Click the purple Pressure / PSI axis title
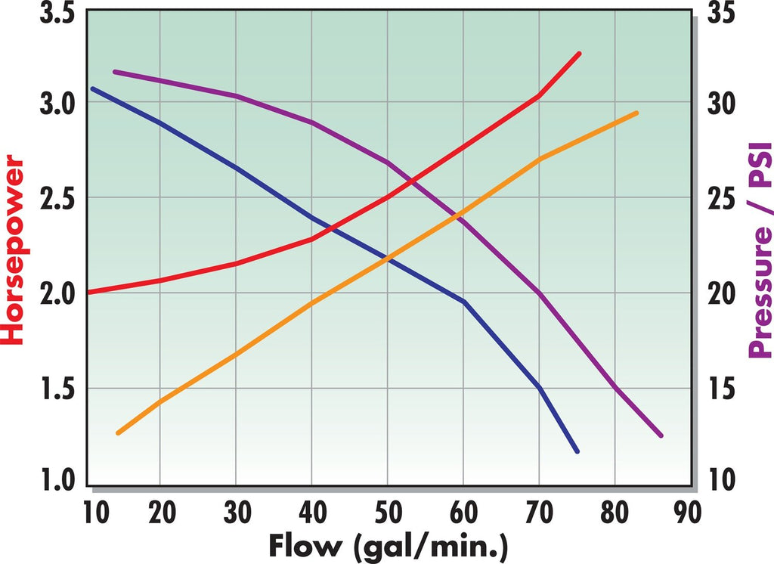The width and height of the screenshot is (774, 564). coord(759,250)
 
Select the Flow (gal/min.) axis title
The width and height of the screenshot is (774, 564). coord(387,545)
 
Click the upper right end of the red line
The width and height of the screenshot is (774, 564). coord(579,53)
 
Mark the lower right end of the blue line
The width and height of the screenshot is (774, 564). coord(577,451)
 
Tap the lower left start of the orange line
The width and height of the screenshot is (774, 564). coord(118,433)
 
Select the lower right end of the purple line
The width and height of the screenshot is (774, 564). coord(661,435)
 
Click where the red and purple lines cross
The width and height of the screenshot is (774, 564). coord(408,181)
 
